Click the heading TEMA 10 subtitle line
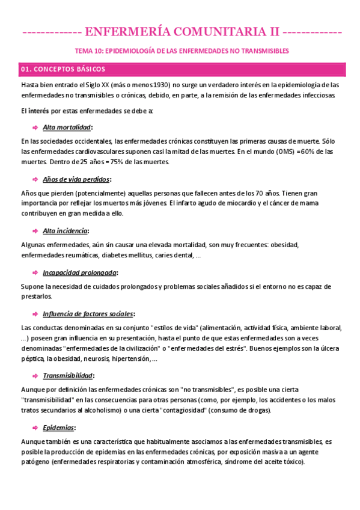[x=180, y=51]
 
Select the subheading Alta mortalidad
[x=67, y=127]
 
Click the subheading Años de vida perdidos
[x=76, y=179]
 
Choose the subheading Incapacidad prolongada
[x=80, y=272]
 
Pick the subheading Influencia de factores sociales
[x=88, y=314]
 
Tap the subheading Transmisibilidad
[x=68, y=375]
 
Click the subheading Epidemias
[x=59, y=428]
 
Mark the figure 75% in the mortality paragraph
[x=120, y=162]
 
